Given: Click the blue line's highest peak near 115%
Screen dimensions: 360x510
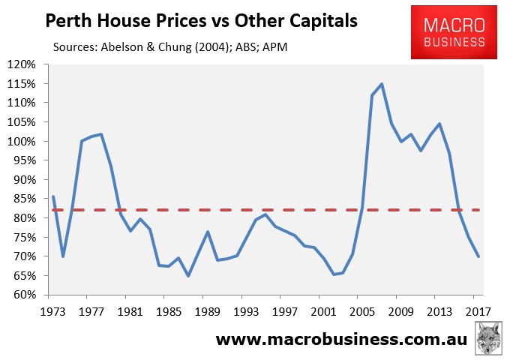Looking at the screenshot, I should pyautogui.click(x=382, y=84).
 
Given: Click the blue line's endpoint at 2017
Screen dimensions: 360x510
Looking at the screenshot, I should pyautogui.click(x=478, y=256).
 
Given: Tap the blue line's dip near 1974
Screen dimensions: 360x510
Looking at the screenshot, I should pyautogui.click(x=63, y=256).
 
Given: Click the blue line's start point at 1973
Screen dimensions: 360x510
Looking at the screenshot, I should pyautogui.click(x=52, y=196).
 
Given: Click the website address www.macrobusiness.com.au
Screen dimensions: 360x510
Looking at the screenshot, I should pyautogui.click(x=341, y=339).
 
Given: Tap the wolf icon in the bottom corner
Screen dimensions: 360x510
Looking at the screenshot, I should pyautogui.click(x=490, y=338).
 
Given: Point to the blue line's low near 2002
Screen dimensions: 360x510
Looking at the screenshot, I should pyautogui.click(x=333, y=274).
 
